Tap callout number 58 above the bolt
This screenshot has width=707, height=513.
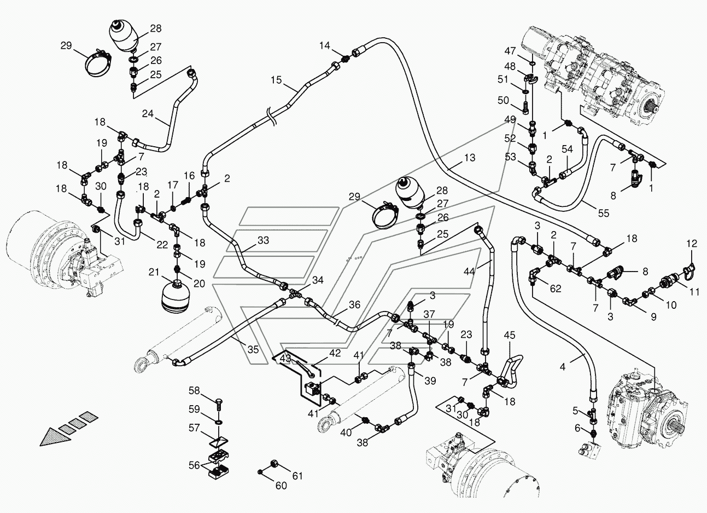(195, 390)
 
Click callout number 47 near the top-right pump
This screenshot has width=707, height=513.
(510, 51)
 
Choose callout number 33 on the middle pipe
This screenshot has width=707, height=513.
(264, 240)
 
